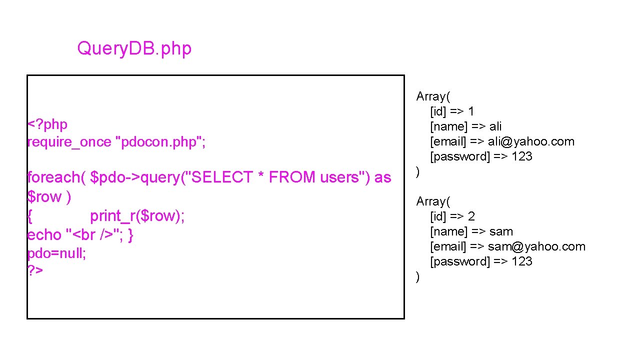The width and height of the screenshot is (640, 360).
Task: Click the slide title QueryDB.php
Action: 134,48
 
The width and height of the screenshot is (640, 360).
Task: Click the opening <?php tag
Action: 47,124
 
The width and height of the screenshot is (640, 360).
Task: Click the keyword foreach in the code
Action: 53,177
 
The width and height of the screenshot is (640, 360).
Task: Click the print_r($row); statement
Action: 137,216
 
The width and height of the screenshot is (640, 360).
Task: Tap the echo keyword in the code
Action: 44,235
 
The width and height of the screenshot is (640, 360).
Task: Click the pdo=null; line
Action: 56,253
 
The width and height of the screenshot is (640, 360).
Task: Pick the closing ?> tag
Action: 35,271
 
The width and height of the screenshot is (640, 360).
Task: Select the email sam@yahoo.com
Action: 536,246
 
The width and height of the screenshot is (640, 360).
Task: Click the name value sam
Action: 501,231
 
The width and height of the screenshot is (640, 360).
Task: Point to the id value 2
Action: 471,216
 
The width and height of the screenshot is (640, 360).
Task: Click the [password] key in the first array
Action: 460,156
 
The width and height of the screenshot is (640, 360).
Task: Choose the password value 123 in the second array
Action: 521,261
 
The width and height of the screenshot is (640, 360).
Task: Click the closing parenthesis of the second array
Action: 418,276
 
